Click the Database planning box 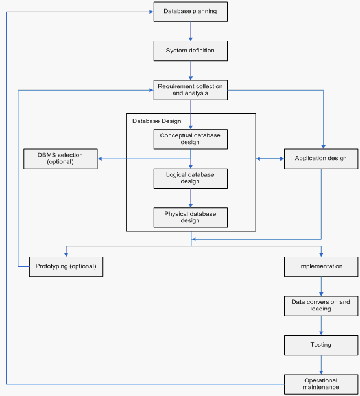click(190, 12)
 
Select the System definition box click(190, 51)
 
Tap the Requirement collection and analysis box click(190, 90)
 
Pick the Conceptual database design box click(190, 139)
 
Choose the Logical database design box click(190, 178)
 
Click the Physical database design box click(190, 218)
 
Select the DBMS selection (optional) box click(60, 159)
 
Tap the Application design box click(321, 159)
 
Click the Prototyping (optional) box click(66, 266)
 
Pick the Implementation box click(321, 266)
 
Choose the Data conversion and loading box click(321, 306)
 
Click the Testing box click(321, 345)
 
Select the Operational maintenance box click(321, 384)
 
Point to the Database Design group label click(157, 121)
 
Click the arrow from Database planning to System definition click(191, 31)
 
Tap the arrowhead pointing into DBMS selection click(100, 159)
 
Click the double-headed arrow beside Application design click(270, 159)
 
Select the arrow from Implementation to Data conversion click(321, 286)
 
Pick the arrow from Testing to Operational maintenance click(321, 365)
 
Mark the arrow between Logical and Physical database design click(191, 198)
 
